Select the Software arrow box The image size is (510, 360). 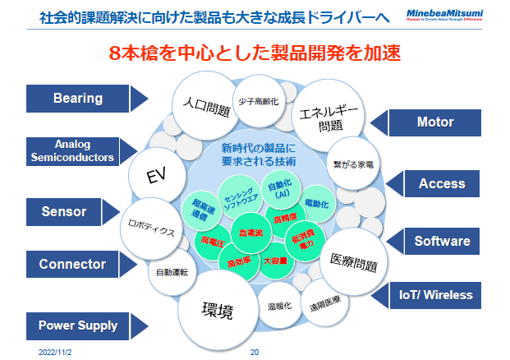tap(441, 241)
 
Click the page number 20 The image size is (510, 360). tap(254, 351)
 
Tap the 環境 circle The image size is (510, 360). tap(217, 312)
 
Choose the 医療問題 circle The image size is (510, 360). tap(352, 261)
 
